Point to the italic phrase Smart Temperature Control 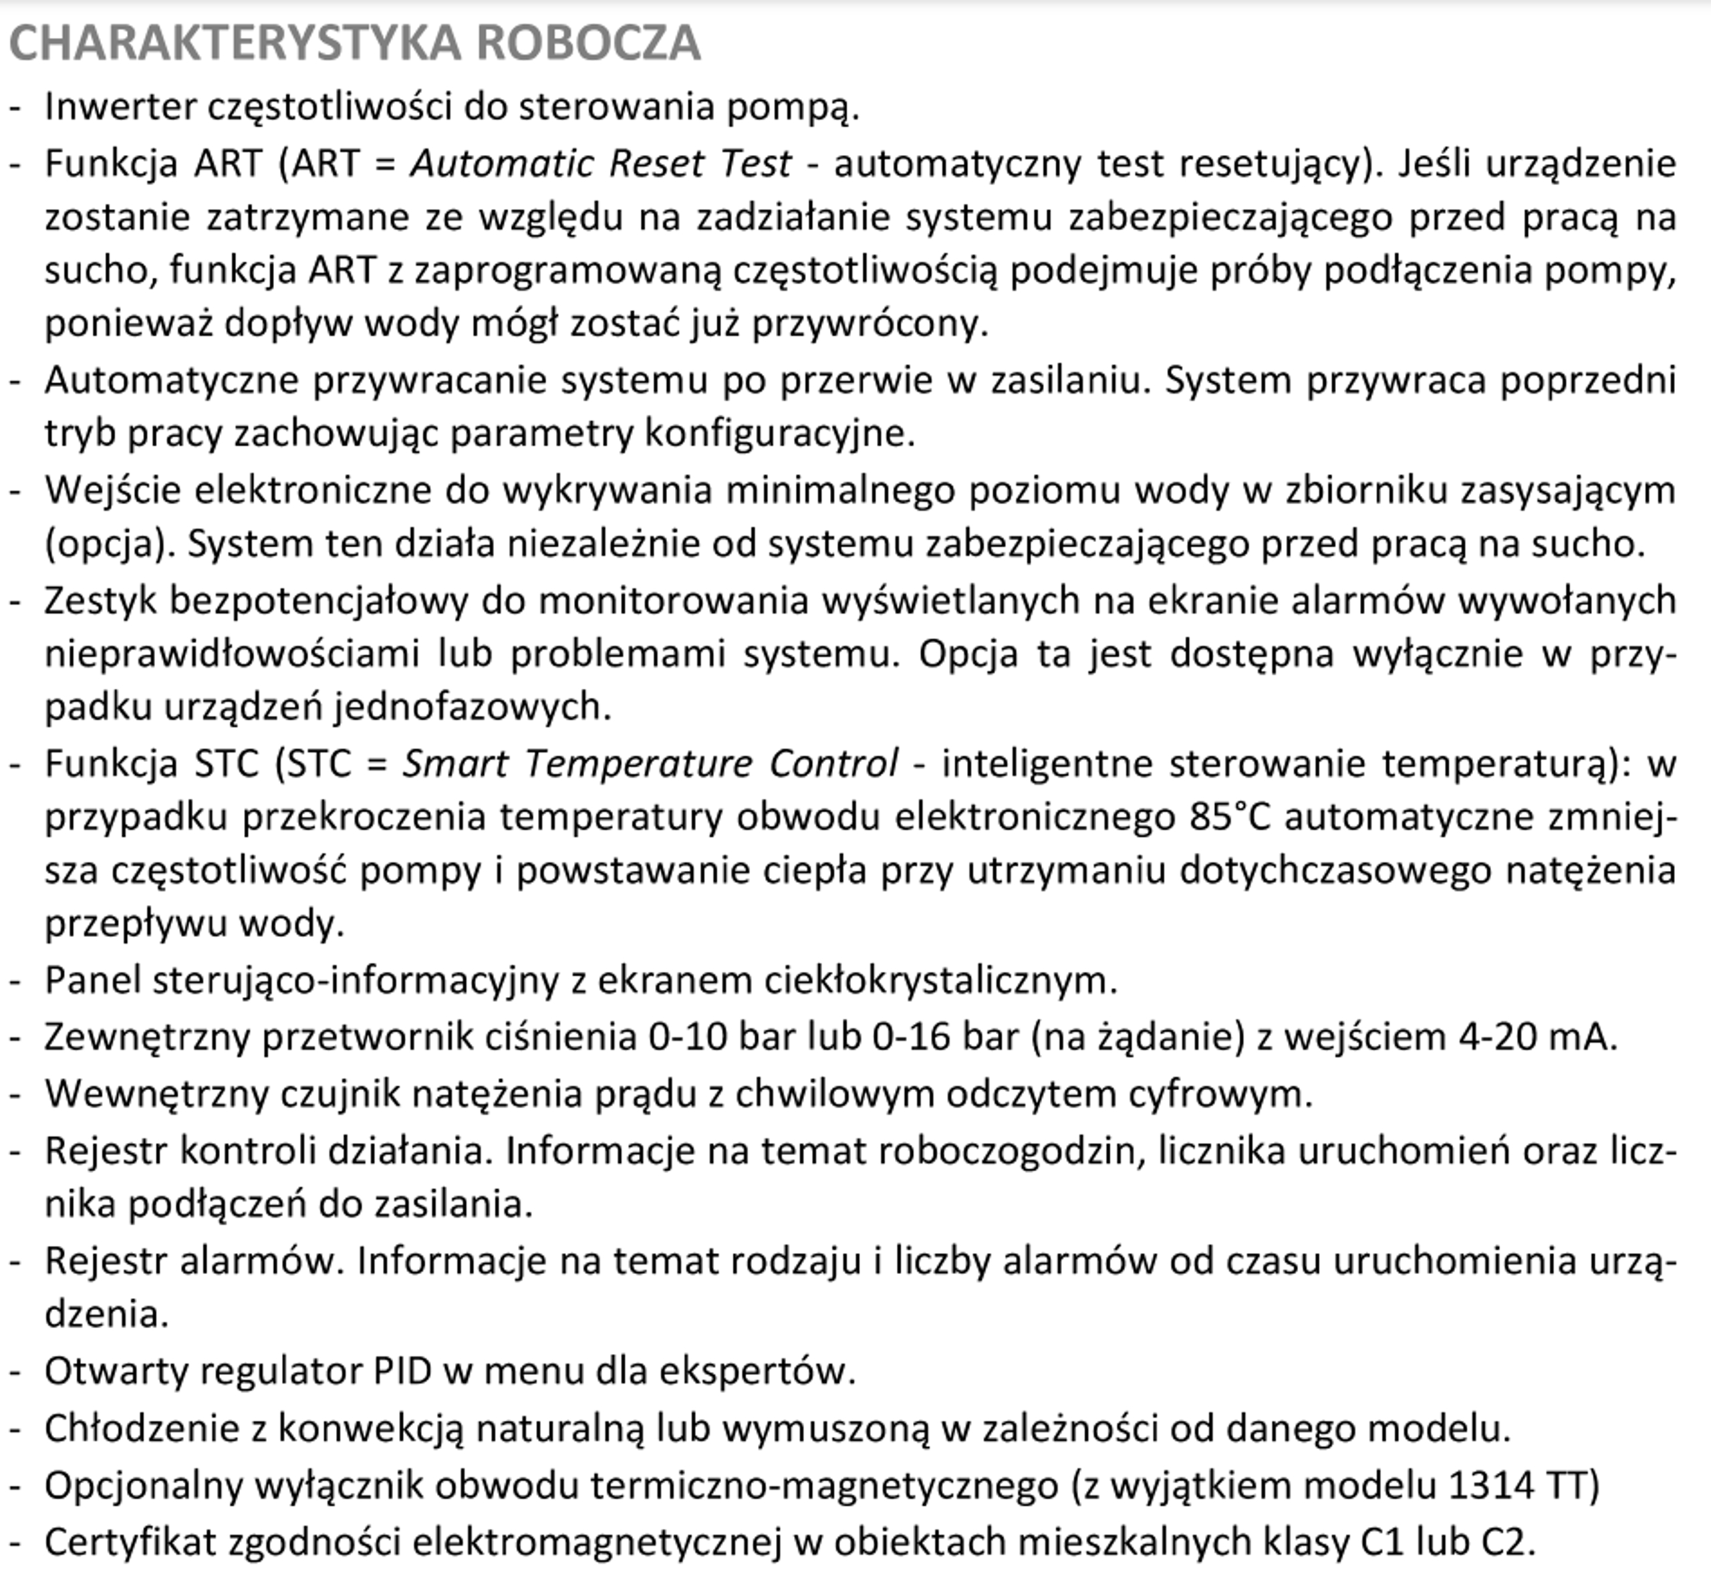point(650,763)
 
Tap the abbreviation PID point(402,1372)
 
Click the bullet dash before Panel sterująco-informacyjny point(15,981)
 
